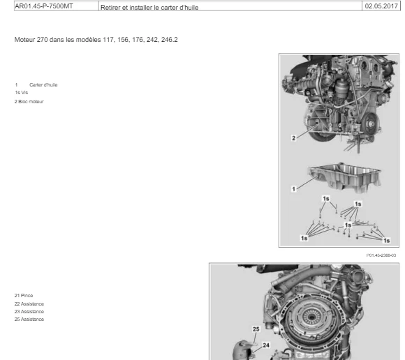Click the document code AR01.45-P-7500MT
[44, 6]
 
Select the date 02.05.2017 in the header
[381, 6]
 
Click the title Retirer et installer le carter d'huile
[149, 8]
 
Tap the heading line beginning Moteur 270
[96, 40]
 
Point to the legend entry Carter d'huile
[43, 85]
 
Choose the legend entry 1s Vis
[21, 93]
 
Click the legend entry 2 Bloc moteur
[29, 102]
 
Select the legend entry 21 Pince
[24, 296]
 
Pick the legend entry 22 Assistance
[29, 304]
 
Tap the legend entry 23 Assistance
[29, 312]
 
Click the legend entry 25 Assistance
[29, 320]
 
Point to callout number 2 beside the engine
[293, 138]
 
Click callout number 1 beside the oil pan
[293, 189]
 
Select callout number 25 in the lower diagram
[256, 329]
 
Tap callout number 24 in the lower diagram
[266, 345]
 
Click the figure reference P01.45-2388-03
[381, 255]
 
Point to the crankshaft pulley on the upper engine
[371, 124]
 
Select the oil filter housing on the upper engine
[341, 89]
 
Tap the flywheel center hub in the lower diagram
[310, 316]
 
